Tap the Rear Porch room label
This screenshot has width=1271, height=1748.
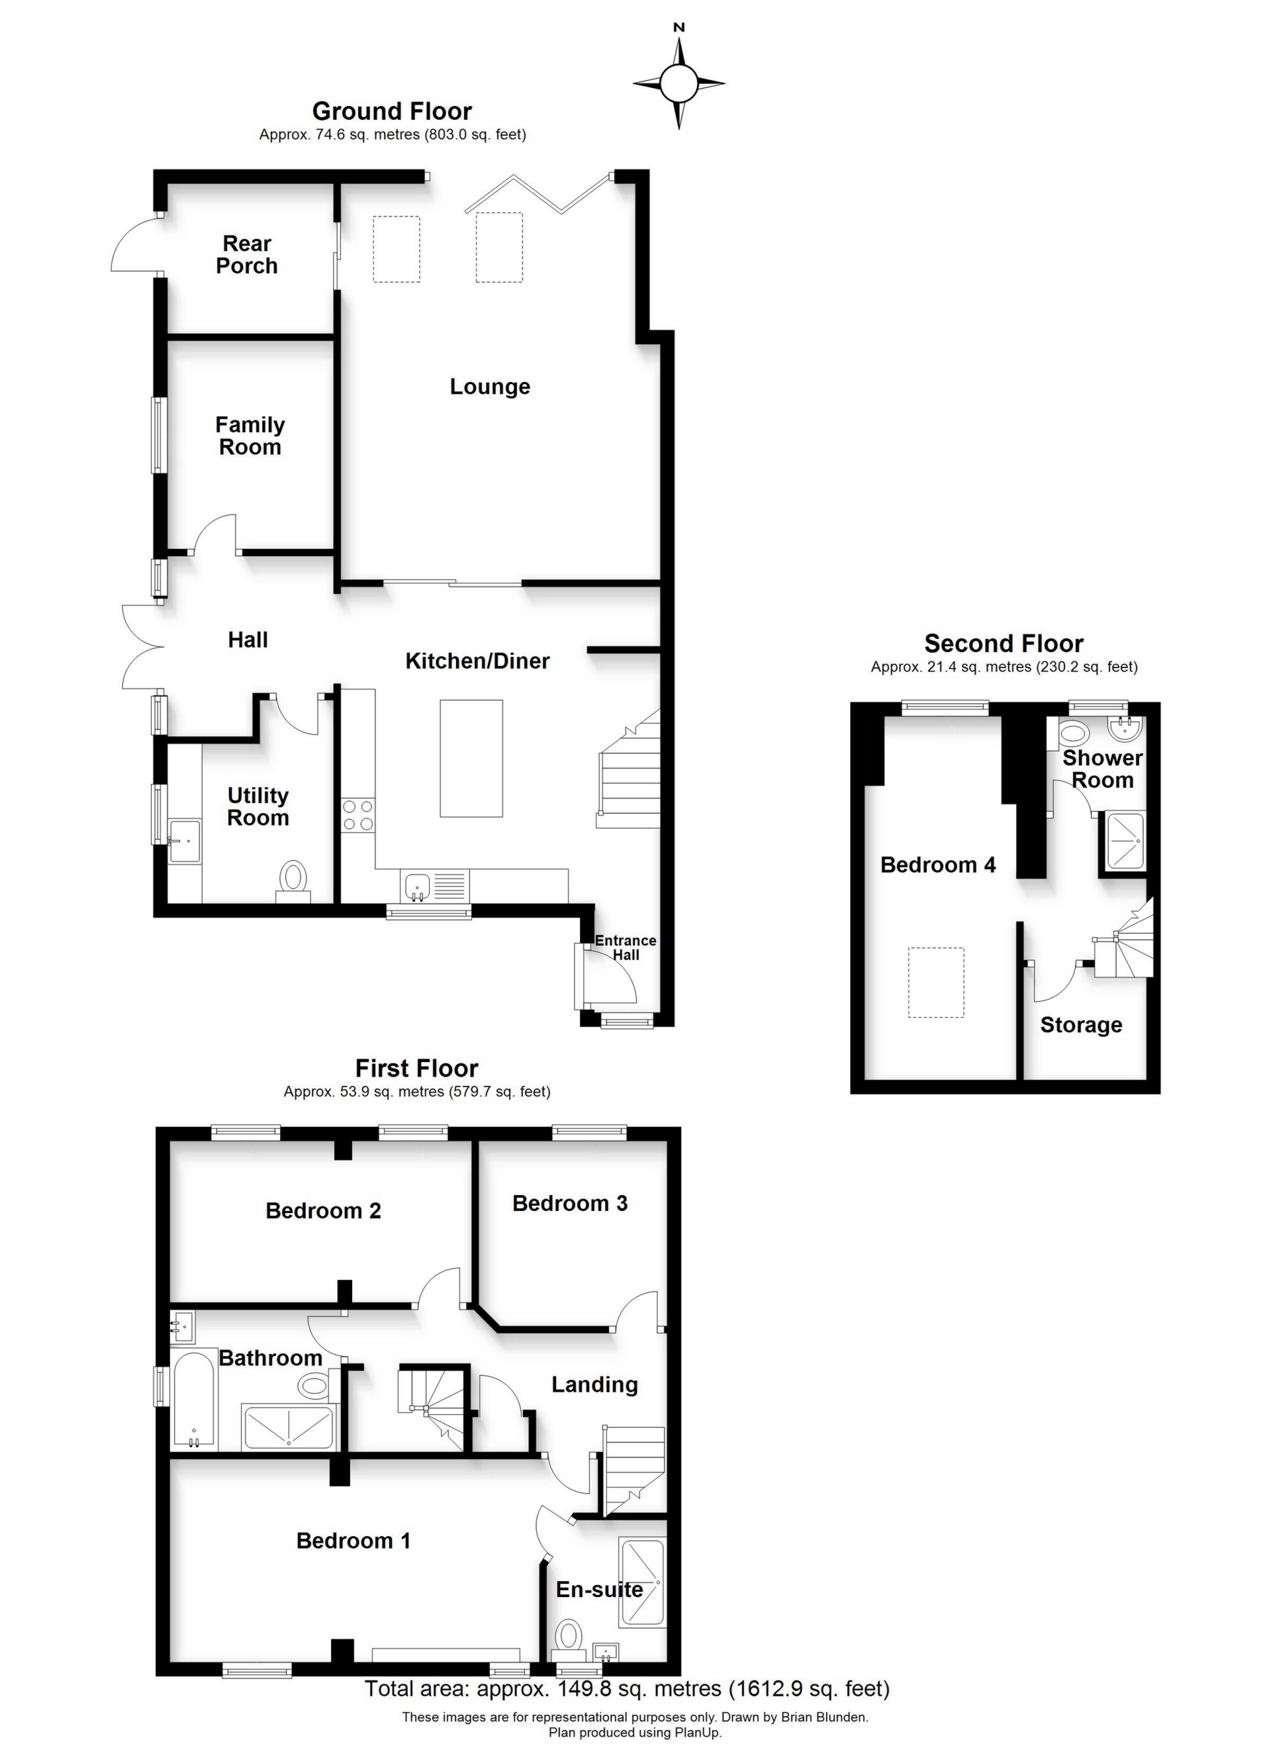[247, 254]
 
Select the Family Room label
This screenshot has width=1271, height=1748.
[250, 436]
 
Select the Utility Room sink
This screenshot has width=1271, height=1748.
[185, 841]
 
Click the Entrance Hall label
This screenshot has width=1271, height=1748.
[625, 947]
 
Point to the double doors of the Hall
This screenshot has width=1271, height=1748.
[142, 646]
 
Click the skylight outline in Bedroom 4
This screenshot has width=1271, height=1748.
[936, 983]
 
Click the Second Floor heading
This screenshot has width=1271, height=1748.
[1004, 643]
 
